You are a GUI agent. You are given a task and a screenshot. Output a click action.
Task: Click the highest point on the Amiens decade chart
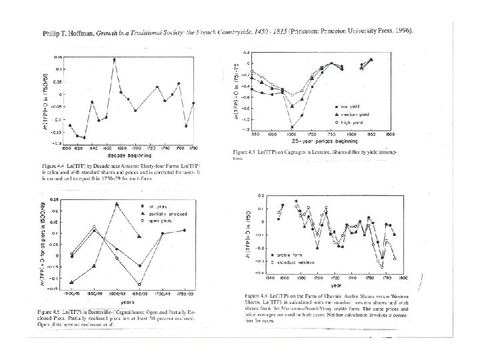pyautogui.click(x=114, y=59)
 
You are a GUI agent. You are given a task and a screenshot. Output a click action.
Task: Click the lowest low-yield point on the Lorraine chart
pyautogui.click(x=291, y=127)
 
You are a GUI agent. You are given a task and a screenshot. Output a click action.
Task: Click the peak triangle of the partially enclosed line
pyautogui.click(x=117, y=204)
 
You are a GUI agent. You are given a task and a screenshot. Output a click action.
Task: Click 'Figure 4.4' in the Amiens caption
pyautogui.click(x=51, y=163)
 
